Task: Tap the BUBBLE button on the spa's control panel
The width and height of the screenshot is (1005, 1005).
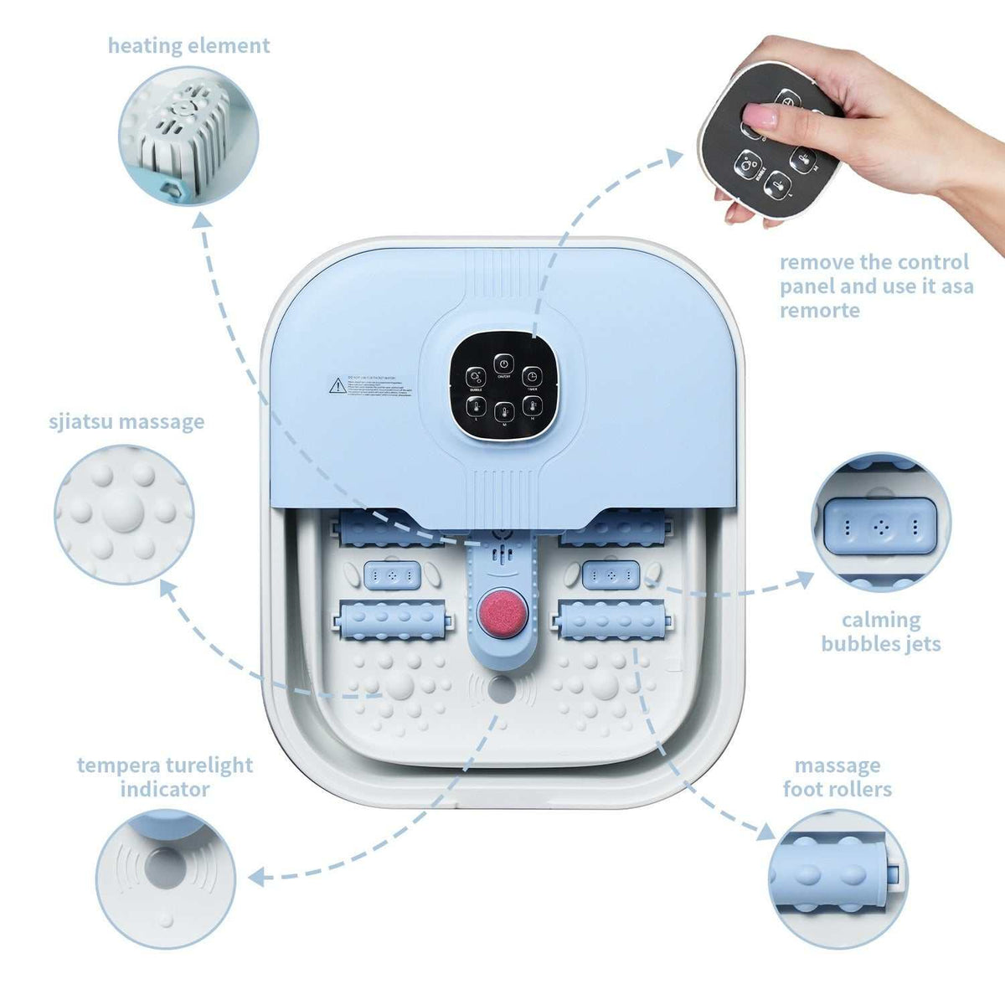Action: click(475, 378)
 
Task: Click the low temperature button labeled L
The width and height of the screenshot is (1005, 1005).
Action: click(476, 408)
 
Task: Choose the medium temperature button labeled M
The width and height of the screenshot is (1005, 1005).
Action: click(503, 412)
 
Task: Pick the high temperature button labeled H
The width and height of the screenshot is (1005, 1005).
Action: click(531, 407)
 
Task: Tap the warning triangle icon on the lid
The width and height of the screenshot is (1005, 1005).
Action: click(336, 385)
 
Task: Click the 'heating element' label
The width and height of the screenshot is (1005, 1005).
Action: click(188, 45)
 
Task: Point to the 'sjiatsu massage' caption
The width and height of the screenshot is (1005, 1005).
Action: click(126, 420)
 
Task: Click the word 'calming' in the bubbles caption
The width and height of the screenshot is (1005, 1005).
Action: click(881, 620)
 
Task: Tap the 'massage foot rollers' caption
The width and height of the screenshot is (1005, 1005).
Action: click(837, 777)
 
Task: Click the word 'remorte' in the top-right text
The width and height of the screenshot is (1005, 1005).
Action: click(820, 310)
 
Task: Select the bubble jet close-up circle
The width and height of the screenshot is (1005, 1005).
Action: click(882, 523)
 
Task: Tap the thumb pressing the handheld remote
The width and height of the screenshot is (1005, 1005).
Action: click(760, 116)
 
